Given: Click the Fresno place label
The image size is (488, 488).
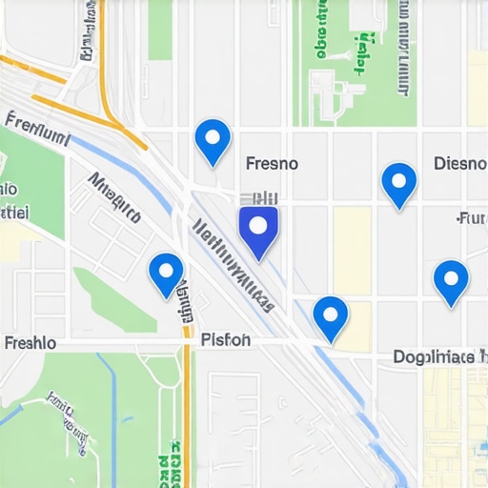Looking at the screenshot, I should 272,163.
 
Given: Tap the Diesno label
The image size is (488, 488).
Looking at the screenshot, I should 459,163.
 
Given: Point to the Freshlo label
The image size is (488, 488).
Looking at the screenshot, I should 30,342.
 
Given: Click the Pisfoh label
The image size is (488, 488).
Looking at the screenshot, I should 226,338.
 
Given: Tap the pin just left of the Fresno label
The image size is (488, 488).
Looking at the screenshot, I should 213,141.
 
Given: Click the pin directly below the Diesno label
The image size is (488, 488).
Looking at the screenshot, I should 398,183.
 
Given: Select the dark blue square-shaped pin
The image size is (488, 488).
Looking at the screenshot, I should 257,230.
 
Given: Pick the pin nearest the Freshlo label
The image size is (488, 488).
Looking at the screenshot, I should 166,273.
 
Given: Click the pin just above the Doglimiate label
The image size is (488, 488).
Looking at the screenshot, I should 450,280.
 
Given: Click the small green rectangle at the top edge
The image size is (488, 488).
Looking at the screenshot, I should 160,29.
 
